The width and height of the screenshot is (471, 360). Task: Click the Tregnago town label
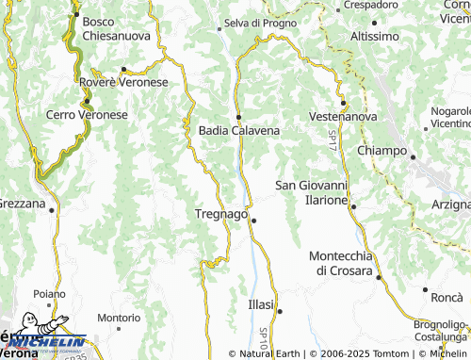tap(220, 214)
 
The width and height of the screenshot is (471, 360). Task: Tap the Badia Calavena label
tap(239, 131)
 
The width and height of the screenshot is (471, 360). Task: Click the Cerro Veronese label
tap(87, 114)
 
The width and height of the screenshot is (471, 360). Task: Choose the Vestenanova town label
tap(343, 116)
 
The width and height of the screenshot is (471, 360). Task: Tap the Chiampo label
tap(382, 151)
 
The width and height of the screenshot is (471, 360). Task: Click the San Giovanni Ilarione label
tap(312, 192)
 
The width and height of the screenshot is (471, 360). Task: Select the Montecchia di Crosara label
tap(344, 263)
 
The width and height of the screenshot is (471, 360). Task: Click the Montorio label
tap(119, 319)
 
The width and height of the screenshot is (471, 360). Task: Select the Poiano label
tap(43, 293)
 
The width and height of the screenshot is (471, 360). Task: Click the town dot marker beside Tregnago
tap(253, 221)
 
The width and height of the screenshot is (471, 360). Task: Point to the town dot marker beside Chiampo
tap(413, 157)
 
